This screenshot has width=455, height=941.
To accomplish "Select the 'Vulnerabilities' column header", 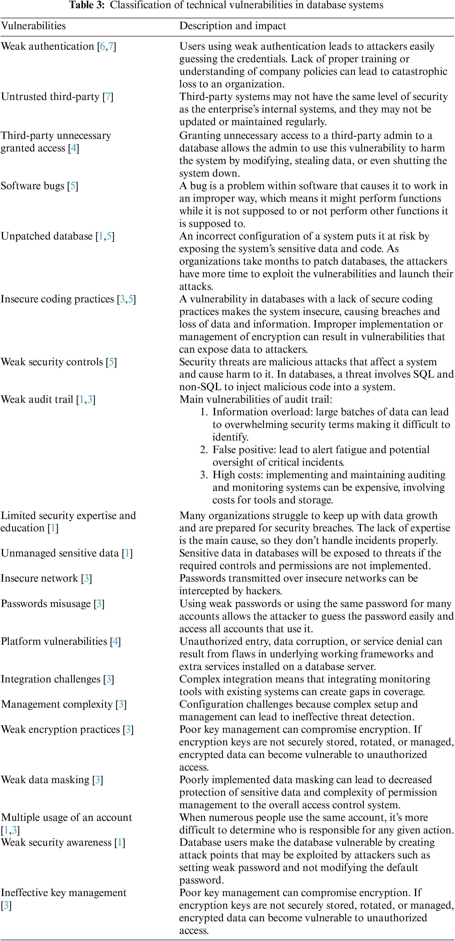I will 33,26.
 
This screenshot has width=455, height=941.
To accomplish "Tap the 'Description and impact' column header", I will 233,26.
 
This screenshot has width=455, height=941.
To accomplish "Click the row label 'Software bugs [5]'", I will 39,186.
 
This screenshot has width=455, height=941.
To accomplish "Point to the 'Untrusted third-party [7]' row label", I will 57,97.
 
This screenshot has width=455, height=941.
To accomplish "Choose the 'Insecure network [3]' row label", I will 46,578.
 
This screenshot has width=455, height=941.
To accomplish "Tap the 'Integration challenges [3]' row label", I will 57,679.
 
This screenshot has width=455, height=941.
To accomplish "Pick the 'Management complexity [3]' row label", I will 64,704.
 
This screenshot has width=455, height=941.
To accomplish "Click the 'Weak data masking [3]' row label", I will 52,780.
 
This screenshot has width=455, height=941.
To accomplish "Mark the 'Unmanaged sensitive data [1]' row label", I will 66,553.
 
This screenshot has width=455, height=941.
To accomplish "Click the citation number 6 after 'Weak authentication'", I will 103,46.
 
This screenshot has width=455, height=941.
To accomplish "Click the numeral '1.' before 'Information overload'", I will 204,412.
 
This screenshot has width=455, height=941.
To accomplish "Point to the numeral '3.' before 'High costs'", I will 204,475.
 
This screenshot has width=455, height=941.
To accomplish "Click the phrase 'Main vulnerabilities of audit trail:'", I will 255,399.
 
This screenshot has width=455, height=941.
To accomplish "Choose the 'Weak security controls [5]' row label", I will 58,362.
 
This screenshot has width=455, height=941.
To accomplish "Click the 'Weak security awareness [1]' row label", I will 63,842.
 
